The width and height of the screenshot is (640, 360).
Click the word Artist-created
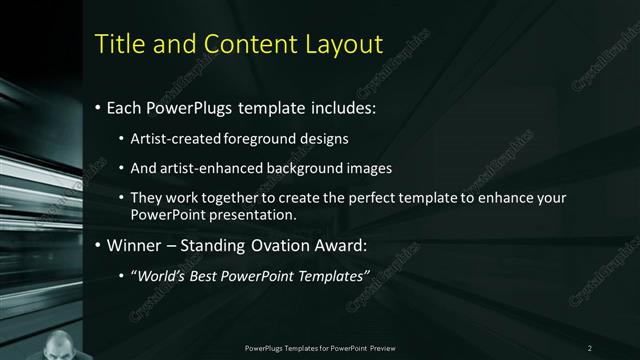point(172,138)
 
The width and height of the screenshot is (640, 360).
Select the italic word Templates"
point(334,274)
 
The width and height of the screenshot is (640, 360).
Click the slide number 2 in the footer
point(590,347)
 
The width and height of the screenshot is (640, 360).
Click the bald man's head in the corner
point(60,343)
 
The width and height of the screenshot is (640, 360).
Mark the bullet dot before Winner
point(97,245)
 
